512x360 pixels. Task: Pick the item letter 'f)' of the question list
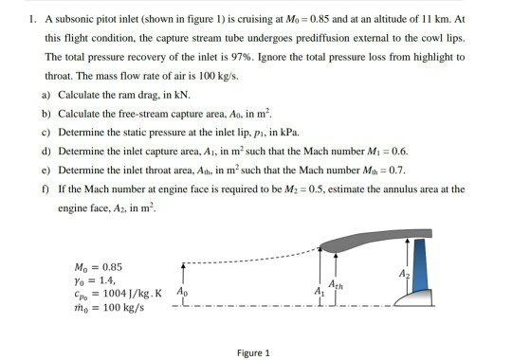point(48,189)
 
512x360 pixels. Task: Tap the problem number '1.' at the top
point(33,19)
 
